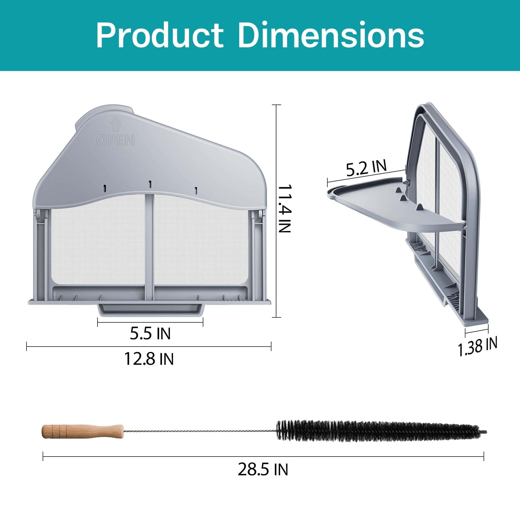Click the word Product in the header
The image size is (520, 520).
(x=160, y=36)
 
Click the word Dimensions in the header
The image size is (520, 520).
(x=331, y=36)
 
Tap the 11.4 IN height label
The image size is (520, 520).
(x=285, y=209)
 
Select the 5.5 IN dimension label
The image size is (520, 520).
(x=150, y=334)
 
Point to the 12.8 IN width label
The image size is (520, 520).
(x=149, y=359)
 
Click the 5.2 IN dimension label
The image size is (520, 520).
(x=366, y=168)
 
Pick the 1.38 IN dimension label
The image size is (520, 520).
(x=477, y=346)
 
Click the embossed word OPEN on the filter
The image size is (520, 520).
(x=115, y=140)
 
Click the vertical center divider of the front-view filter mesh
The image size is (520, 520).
(x=149, y=248)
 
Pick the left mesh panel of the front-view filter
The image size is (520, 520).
(x=97, y=248)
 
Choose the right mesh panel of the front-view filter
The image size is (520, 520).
(x=202, y=248)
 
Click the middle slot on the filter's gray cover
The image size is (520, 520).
(x=150, y=184)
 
